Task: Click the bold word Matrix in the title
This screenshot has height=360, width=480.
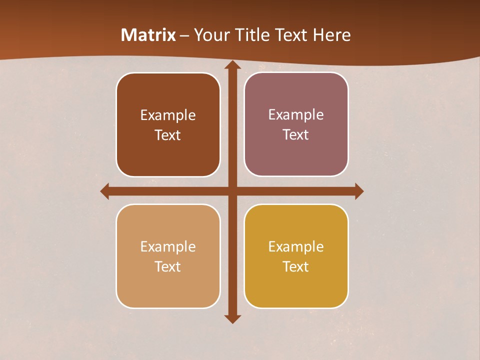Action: pyautogui.click(x=148, y=35)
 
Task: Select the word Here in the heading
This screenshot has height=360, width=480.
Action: pyautogui.click(x=331, y=35)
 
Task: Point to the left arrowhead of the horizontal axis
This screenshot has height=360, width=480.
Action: pyautogui.click(x=105, y=191)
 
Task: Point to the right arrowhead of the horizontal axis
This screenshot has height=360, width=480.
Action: pyautogui.click(x=359, y=191)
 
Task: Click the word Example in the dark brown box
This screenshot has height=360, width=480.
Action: pyautogui.click(x=168, y=115)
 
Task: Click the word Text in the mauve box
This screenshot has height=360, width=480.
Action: pyautogui.click(x=296, y=135)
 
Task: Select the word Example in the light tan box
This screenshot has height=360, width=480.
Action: pyautogui.click(x=168, y=247)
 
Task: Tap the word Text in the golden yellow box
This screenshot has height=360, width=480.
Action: pyautogui.click(x=296, y=266)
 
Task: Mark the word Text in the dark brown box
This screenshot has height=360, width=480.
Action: pyautogui.click(x=168, y=135)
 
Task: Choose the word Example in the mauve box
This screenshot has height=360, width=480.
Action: pyautogui.click(x=296, y=115)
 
